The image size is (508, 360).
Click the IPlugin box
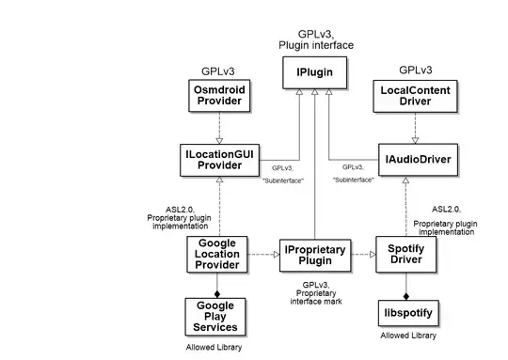(311, 70)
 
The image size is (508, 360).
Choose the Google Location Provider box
(218, 254)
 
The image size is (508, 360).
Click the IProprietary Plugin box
(312, 254)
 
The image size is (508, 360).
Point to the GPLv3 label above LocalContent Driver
(415, 70)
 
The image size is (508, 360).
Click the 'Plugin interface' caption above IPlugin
(311, 44)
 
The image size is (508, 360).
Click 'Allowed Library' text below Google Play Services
(216, 348)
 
